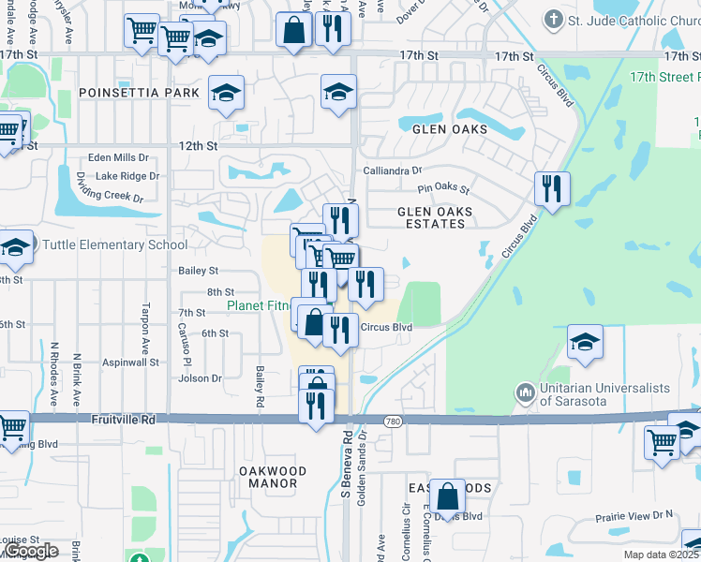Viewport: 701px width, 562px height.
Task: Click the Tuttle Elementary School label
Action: [114, 245]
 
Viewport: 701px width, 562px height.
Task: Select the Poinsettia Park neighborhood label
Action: [139, 93]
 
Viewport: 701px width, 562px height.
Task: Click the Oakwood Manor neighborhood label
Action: [268, 477]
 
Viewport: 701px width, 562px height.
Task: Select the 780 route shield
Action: [392, 421]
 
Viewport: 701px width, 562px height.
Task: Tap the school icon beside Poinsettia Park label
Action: [226, 92]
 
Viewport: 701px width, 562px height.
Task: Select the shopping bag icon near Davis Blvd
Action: [449, 495]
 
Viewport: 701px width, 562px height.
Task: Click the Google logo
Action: [30, 551]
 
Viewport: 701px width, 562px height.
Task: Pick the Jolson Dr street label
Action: [201, 378]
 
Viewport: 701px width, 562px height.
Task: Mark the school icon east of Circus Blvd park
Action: [585, 342]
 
